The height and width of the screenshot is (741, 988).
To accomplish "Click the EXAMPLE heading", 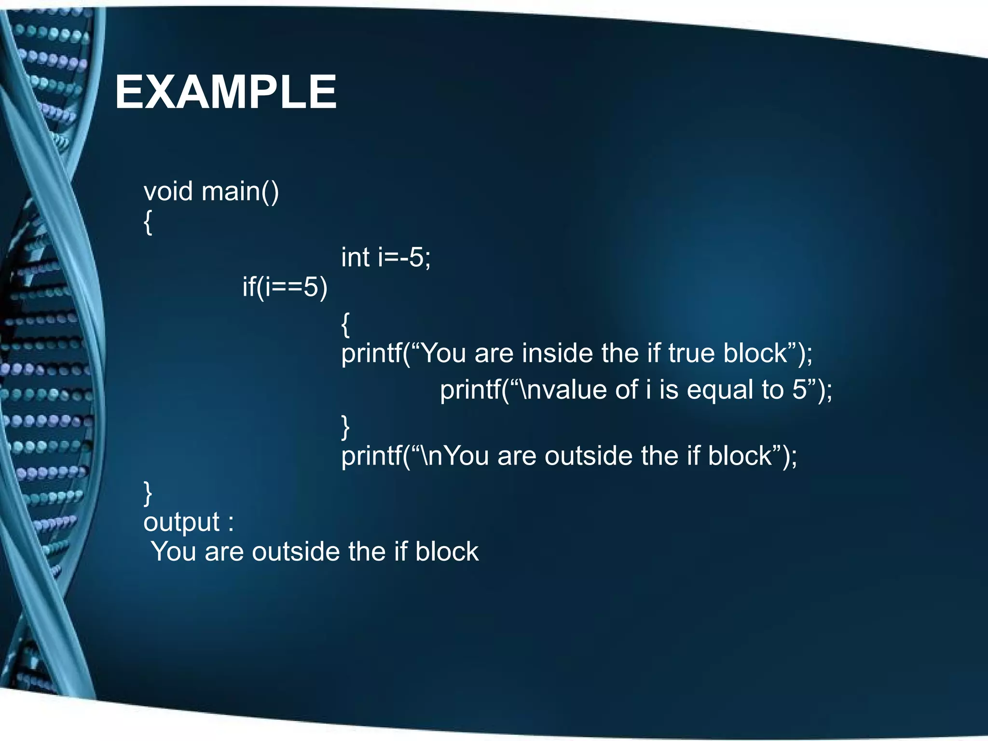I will tap(225, 92).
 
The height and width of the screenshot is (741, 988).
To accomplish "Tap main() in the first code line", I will tap(240, 192).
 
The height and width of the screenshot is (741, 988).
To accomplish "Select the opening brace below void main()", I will tap(148, 222).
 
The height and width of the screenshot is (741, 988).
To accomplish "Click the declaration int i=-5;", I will tap(385, 257).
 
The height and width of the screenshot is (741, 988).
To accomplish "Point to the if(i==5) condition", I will tap(285, 287).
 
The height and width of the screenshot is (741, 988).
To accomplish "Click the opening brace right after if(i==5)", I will tap(345, 324).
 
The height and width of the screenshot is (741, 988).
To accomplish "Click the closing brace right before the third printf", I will tap(345, 426).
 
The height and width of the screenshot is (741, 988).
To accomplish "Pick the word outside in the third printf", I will tap(588, 456).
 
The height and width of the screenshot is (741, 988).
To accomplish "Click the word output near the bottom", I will tap(181, 522).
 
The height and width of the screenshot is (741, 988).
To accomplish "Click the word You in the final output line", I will tap(174, 551).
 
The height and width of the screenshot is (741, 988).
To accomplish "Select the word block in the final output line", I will tap(447, 551).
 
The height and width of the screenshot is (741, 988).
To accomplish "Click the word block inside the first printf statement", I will tap(755, 353).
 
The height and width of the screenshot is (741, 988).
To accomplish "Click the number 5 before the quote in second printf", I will tap(799, 390).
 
